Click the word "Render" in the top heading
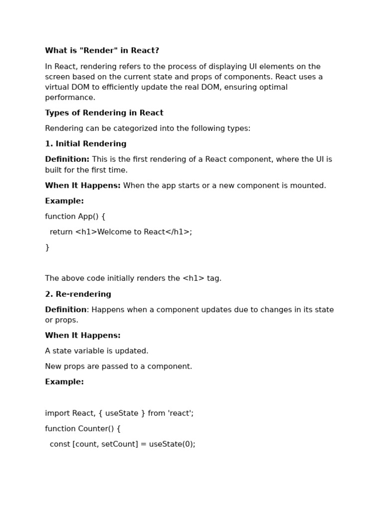(94, 51)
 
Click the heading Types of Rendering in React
(104, 113)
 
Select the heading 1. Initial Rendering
(86, 144)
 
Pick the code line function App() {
(75, 217)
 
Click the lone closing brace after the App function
(47, 248)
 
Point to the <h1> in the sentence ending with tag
(193, 278)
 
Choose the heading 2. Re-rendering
(78, 294)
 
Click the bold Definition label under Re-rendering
(66, 310)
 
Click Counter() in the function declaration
(97, 429)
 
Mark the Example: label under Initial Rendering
(64, 201)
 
